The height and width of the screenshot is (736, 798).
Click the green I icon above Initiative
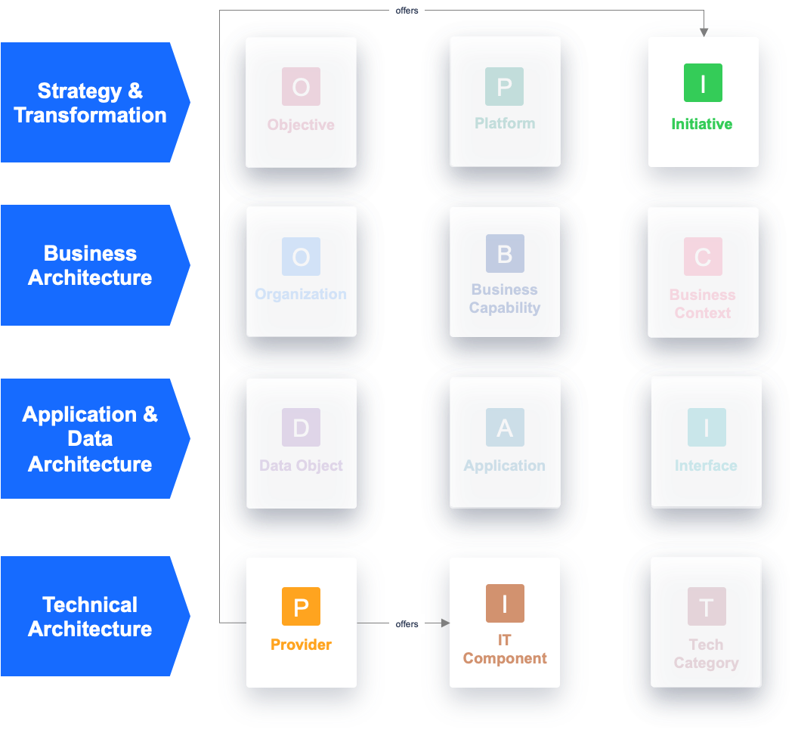(x=703, y=83)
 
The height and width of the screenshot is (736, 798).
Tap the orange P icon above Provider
(x=301, y=607)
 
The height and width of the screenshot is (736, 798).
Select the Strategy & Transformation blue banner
(x=91, y=103)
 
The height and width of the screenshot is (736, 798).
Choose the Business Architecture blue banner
(x=91, y=265)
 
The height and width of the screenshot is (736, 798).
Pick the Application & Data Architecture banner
(x=91, y=439)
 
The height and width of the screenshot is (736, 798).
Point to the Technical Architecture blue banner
(x=91, y=617)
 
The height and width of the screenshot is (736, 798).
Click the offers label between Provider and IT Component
(x=407, y=623)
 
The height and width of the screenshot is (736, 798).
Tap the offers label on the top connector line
(x=407, y=11)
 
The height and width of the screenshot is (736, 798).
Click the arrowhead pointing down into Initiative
(x=704, y=32)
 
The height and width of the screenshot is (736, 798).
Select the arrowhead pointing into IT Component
(x=445, y=623)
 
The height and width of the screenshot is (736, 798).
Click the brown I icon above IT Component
(x=505, y=603)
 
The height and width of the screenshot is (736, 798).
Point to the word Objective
(x=301, y=125)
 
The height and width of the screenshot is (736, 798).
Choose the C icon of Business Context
(x=703, y=257)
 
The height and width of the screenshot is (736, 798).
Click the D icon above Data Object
(x=301, y=428)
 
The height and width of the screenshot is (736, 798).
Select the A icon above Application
(x=505, y=428)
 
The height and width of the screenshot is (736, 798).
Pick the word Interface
(x=706, y=465)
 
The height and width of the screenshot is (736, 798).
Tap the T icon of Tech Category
(x=707, y=607)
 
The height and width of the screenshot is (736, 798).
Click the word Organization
(x=301, y=294)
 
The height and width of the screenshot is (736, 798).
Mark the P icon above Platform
(x=505, y=86)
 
